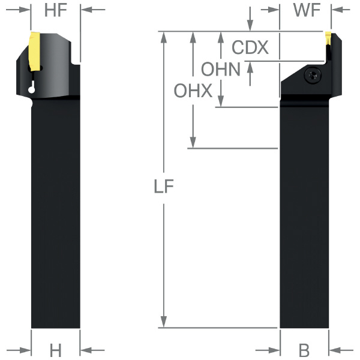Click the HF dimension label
click(56, 10)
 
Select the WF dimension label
click(307, 10)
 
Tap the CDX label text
click(250, 47)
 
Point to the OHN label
click(221, 69)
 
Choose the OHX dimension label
click(193, 91)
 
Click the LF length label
click(164, 186)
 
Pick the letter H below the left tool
click(56, 350)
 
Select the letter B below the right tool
click(304, 350)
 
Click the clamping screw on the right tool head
click(313, 74)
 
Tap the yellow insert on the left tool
click(35, 52)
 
